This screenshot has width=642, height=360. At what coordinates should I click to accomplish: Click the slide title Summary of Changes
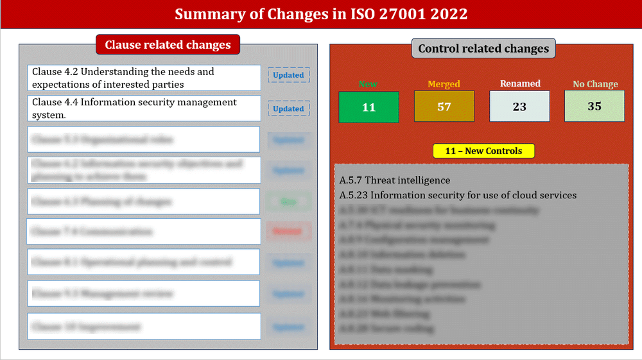pyautogui.click(x=321, y=14)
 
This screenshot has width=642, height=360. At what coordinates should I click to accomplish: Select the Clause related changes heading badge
pyautogui.click(x=168, y=45)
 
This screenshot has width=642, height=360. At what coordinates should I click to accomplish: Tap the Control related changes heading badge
pyautogui.click(x=483, y=49)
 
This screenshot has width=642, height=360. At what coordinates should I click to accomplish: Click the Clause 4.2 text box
pyautogui.click(x=144, y=78)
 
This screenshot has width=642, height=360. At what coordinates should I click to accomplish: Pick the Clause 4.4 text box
pyautogui.click(x=144, y=108)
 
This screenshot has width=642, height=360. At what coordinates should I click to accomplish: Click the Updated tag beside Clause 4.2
pyautogui.click(x=288, y=75)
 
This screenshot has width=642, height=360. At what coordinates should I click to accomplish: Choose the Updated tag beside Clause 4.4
pyautogui.click(x=288, y=108)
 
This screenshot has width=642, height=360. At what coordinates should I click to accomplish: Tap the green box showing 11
pyautogui.click(x=369, y=107)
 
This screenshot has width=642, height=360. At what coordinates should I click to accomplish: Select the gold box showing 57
pyautogui.click(x=444, y=107)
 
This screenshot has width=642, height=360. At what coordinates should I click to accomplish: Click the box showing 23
pyautogui.click(x=519, y=107)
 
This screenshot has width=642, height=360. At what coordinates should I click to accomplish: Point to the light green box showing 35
pyautogui.click(x=594, y=106)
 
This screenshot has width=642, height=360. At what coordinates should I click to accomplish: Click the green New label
pyautogui.click(x=368, y=84)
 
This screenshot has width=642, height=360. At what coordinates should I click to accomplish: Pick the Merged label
pyautogui.click(x=444, y=84)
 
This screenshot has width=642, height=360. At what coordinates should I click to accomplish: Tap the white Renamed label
pyautogui.click(x=520, y=83)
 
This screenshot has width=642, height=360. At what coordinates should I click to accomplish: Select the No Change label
pyautogui.click(x=595, y=84)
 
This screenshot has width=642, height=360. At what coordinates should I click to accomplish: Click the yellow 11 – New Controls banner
pyautogui.click(x=483, y=151)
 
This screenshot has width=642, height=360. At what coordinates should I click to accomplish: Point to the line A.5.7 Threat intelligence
pyautogui.click(x=395, y=180)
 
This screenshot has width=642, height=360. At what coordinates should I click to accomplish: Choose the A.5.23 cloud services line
pyautogui.click(x=458, y=195)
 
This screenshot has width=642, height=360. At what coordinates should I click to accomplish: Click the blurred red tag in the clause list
pyautogui.click(x=288, y=231)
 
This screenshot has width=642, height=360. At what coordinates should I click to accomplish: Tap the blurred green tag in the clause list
pyautogui.click(x=288, y=201)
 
